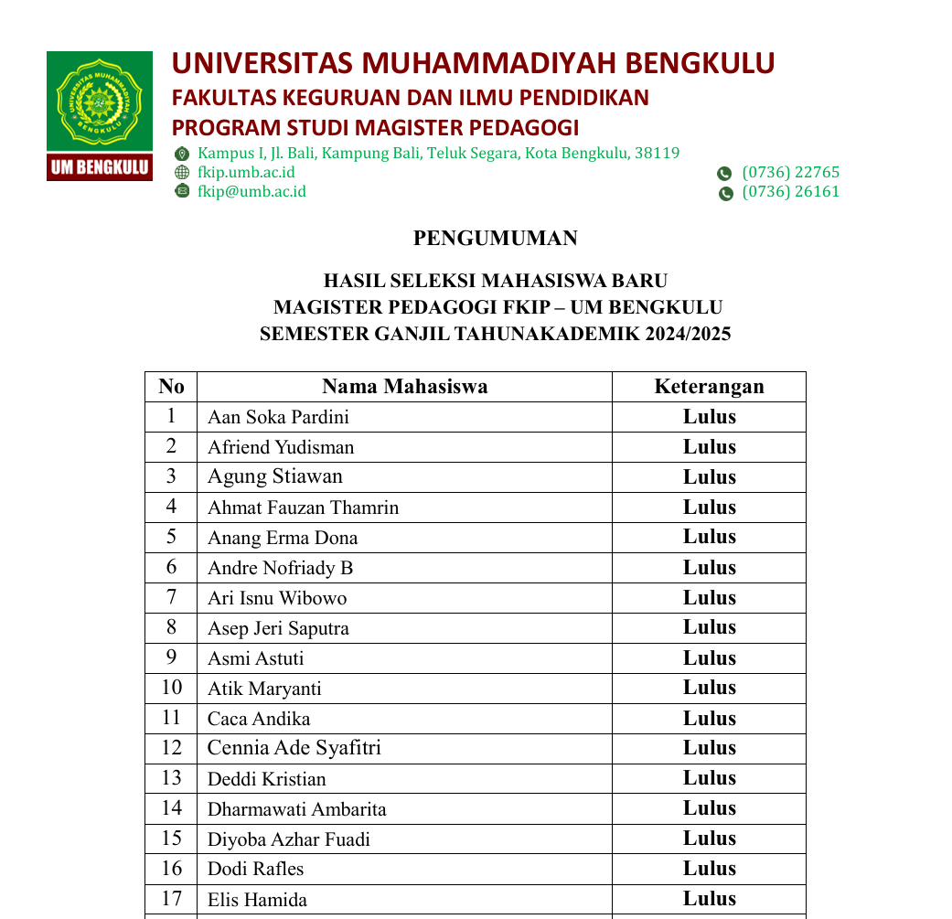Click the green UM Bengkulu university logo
point(100,115)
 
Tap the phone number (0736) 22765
point(790,173)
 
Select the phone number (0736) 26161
point(790,192)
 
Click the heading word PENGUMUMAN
point(496,239)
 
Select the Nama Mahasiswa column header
point(404,387)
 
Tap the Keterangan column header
point(709,387)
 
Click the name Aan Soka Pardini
point(278,418)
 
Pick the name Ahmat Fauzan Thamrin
point(303,508)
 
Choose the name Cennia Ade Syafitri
point(294,749)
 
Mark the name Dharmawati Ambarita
point(296,809)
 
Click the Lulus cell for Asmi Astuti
point(709,658)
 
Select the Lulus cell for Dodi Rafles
point(709,869)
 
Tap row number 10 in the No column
point(171,688)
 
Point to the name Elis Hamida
point(257,900)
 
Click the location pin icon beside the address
point(182,154)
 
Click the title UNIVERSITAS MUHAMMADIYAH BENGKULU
point(473,64)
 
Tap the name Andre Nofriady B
point(280,569)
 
